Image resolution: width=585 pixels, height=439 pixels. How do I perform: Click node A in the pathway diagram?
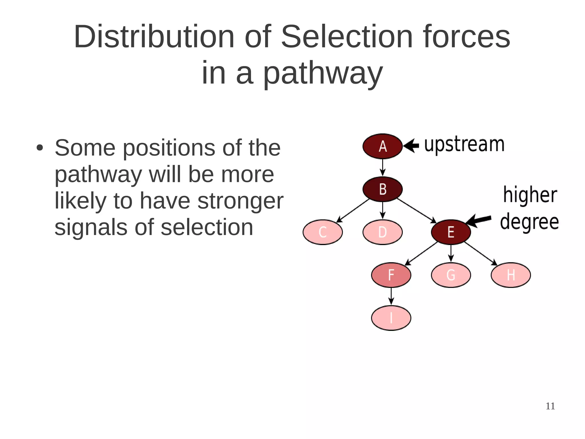tap(382, 146)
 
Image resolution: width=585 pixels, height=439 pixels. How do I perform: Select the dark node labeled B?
tap(382, 189)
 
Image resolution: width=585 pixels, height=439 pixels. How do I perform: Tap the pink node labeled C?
tap(322, 232)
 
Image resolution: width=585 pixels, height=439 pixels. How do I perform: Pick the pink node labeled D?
tap(382, 232)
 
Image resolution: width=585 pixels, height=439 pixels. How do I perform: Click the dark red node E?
tap(451, 232)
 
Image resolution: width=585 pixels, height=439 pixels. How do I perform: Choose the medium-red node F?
tap(391, 275)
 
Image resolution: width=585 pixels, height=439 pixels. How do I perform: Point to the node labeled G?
tap(451, 275)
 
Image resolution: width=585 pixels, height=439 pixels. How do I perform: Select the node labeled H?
tap(511, 275)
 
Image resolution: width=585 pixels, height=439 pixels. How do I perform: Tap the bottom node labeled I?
tap(391, 318)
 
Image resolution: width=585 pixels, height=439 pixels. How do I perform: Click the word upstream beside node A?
tap(464, 145)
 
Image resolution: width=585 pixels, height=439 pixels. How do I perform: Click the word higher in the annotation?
tap(530, 195)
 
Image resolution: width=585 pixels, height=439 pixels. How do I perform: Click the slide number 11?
tap(550, 406)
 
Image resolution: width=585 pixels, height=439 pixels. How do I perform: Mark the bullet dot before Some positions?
tap(40, 148)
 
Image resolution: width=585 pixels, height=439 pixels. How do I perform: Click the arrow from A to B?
tap(382, 168)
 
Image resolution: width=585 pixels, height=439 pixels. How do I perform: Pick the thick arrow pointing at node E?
tap(479, 220)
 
